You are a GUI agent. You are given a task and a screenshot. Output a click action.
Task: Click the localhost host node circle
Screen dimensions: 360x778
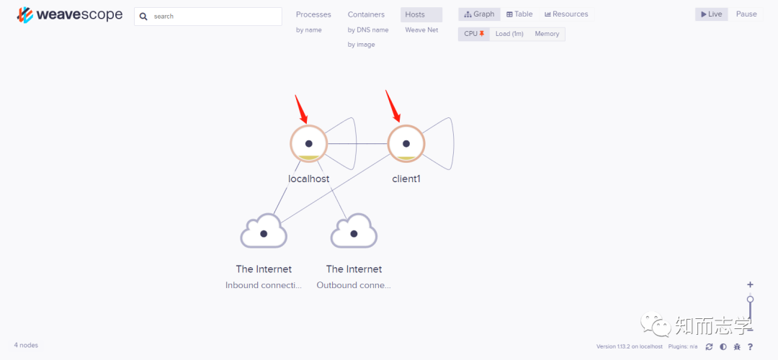click(308, 144)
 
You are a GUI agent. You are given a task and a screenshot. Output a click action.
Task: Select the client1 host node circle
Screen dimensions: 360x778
click(406, 144)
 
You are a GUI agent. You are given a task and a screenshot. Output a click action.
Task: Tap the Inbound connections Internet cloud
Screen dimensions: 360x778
click(264, 233)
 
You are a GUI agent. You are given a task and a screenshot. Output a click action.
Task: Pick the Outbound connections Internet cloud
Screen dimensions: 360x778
click(354, 233)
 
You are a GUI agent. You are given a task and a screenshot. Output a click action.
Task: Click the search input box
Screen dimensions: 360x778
click(213, 16)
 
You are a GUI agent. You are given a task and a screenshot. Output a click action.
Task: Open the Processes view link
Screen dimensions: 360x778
click(313, 14)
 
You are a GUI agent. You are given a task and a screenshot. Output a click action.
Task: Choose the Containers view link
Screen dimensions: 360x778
click(366, 14)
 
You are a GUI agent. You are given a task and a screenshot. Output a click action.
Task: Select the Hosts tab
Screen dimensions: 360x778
click(415, 14)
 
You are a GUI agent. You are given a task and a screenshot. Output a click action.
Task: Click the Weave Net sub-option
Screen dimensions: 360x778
click(421, 30)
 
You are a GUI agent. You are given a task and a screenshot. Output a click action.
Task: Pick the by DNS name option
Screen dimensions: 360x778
click(367, 30)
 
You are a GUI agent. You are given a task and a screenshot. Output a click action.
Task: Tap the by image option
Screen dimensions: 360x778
click(361, 45)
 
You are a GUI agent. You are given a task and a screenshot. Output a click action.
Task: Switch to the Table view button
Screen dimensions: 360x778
click(519, 14)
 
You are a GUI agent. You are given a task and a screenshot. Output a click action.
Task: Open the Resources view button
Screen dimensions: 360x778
click(566, 14)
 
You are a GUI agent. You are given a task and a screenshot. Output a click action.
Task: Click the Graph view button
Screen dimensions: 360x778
click(479, 14)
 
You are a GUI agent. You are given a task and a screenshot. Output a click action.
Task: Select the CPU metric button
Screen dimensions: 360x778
click(473, 34)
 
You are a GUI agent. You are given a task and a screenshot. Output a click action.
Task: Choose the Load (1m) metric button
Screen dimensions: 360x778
click(509, 34)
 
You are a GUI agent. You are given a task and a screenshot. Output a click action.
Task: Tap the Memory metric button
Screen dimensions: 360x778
click(547, 34)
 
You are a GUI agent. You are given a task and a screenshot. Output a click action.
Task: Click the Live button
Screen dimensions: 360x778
click(711, 14)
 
